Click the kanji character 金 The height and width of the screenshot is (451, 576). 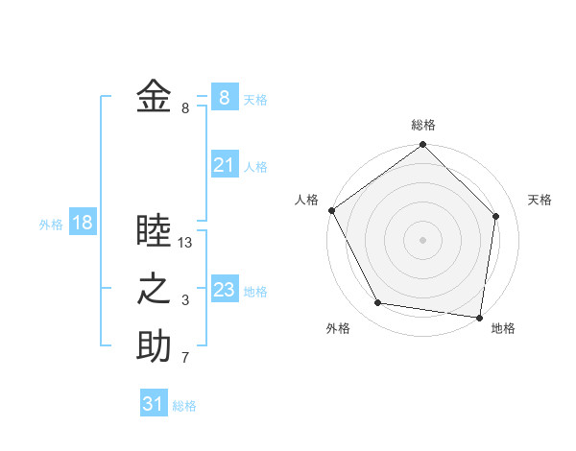pos(154,96)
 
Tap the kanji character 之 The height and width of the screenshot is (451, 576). pos(154,289)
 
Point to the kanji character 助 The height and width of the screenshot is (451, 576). pos(154,346)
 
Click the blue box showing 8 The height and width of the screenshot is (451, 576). pos(224,97)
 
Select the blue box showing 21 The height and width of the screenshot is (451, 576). pos(224,165)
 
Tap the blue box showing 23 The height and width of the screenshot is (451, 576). pos(224,290)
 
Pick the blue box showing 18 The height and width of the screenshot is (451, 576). pos(83,223)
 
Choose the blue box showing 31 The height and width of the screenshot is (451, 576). pos(153,404)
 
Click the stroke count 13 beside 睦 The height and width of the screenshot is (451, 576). pos(186,243)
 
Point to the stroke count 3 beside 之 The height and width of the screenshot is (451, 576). pos(185,301)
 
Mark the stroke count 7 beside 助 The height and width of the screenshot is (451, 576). pos(185,359)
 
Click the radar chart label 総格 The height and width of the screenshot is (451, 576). pos(423,126)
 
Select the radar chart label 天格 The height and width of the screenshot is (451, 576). pos(540,200)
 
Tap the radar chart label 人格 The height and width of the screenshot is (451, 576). pos(306,200)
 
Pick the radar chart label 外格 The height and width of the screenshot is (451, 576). pos(338,328)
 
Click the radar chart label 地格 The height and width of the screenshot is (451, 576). pos(503,328)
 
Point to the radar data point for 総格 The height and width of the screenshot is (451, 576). pos(422,146)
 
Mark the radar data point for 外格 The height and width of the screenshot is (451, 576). pos(378,303)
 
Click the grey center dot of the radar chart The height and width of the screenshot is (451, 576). pos(422,239)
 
